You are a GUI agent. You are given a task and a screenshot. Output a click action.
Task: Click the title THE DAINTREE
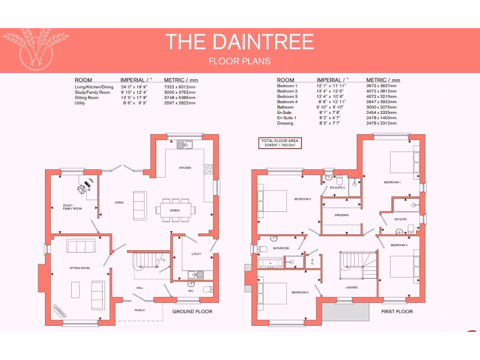click(x=240, y=42)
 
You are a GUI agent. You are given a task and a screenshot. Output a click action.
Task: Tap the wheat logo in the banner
click(x=36, y=50)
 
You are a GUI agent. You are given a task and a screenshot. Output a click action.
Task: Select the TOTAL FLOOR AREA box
click(x=281, y=143)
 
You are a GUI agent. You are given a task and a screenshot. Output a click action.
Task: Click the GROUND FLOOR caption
click(x=192, y=312)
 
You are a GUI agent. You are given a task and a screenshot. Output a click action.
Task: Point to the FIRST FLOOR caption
click(x=397, y=312)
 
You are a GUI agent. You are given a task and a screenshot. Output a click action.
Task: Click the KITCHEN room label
click(x=185, y=168)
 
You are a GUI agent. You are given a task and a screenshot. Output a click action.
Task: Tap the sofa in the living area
click(x=139, y=205)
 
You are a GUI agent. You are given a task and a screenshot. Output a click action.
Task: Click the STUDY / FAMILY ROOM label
click(x=72, y=207)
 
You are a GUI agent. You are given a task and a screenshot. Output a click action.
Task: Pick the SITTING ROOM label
click(x=79, y=268)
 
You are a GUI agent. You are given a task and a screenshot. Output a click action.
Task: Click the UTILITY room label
click(x=196, y=254)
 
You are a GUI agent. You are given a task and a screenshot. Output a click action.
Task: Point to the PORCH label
click(x=140, y=310)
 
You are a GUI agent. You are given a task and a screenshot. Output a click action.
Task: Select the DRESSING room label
click(x=341, y=215)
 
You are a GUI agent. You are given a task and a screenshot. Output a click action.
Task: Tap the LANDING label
click(x=352, y=287)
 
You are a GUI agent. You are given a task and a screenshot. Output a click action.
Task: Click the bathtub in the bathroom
click(x=270, y=263)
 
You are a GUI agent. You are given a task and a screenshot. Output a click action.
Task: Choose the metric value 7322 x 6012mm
click(x=180, y=87)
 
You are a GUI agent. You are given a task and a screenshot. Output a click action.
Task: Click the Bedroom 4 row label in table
click(x=287, y=102)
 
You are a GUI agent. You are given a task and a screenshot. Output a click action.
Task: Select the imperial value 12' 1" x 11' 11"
click(x=331, y=86)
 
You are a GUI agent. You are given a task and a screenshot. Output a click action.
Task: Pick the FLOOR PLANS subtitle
click(x=240, y=61)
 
